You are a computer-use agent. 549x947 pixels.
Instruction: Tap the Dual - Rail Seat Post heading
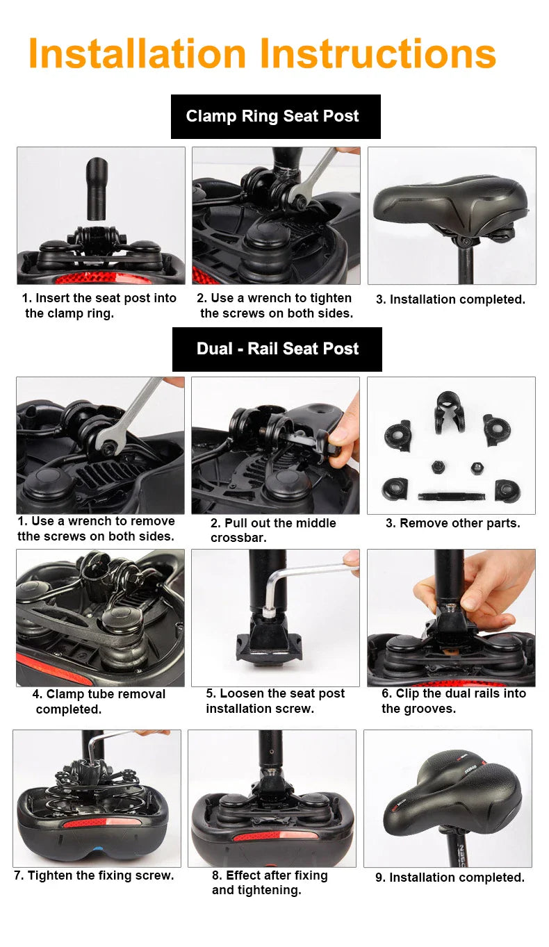coord(277,349)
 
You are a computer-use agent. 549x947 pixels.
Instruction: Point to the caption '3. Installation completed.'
coord(450,299)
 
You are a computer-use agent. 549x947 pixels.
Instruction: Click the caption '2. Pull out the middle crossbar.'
coord(273,530)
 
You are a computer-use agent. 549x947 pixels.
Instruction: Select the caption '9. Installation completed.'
coord(450,878)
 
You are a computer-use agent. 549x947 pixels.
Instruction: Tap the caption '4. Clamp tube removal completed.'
coord(99,701)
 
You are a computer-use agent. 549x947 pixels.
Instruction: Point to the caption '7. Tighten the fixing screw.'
coord(94,875)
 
